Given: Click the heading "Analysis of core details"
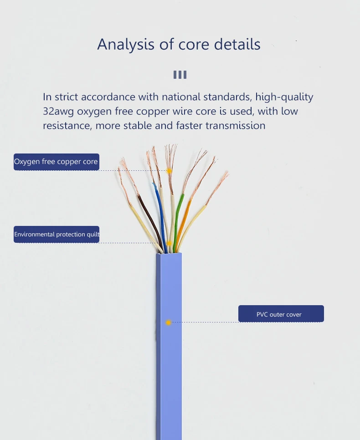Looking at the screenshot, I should [179, 44].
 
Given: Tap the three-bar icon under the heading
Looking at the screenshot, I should [180, 75].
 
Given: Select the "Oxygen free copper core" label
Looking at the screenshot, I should [56, 162].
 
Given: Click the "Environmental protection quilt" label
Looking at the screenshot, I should [56, 234].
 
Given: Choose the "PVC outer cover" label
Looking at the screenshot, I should [281, 314].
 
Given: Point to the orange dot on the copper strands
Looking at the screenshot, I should [169, 171].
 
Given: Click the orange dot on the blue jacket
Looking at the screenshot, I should [168, 322].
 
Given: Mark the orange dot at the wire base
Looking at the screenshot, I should [169, 243].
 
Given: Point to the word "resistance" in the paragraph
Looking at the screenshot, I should [67, 125].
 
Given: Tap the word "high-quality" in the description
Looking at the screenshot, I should [284, 97].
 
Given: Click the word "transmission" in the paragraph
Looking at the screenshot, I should [235, 125].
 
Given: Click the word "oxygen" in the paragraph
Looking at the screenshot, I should [96, 111].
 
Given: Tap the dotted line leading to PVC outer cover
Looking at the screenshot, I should [205, 322].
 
